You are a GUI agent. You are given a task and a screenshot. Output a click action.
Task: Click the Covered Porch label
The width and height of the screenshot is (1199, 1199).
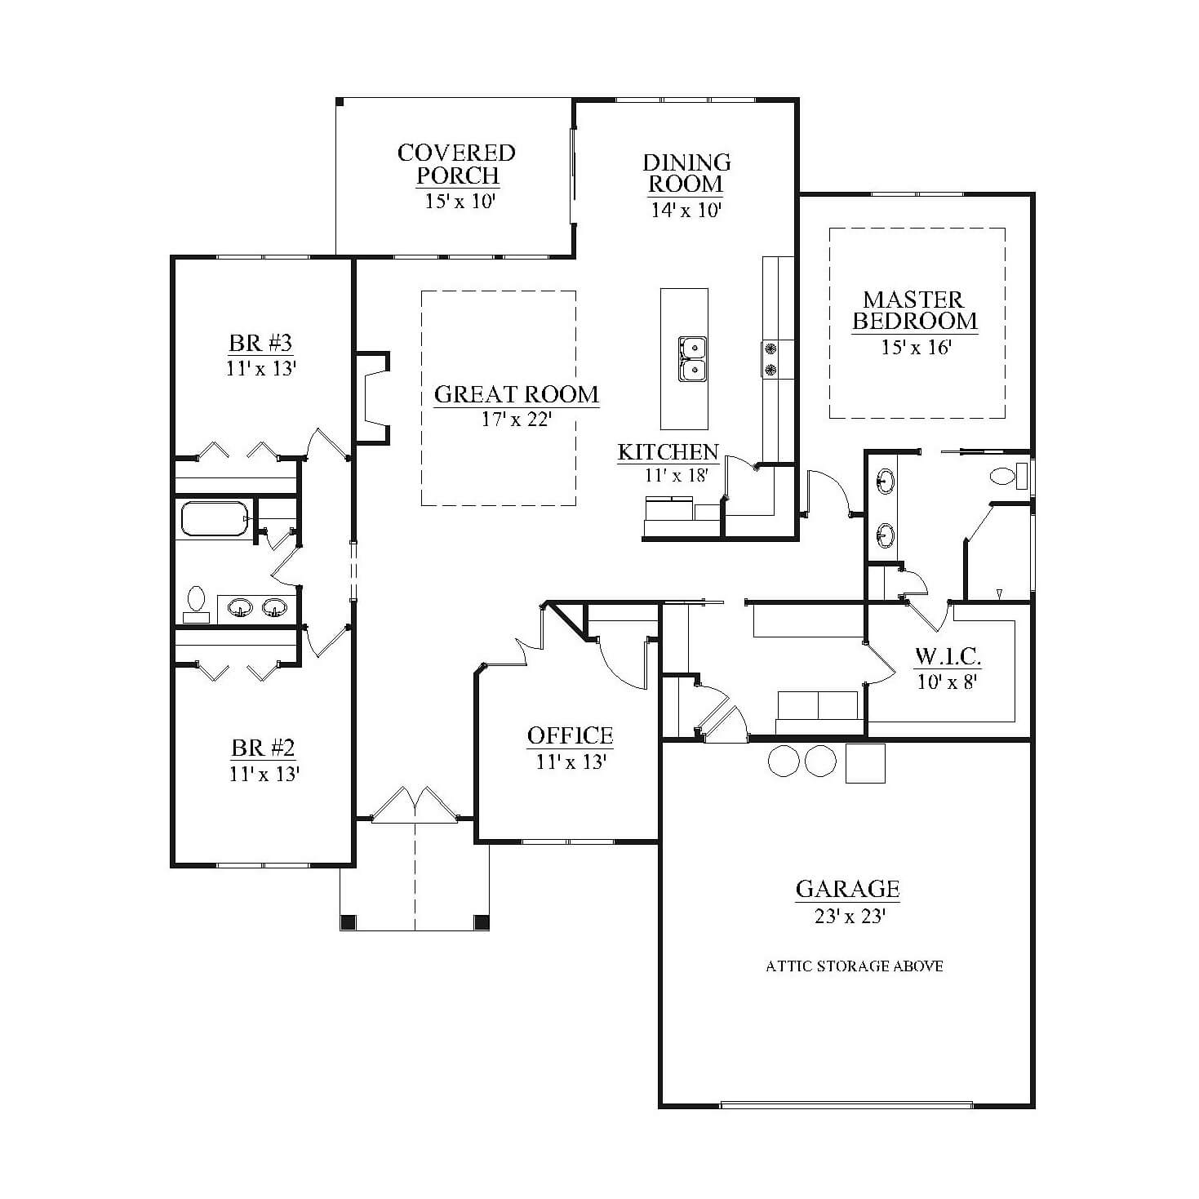457,164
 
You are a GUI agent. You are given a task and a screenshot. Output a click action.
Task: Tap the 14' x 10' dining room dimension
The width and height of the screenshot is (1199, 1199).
686,210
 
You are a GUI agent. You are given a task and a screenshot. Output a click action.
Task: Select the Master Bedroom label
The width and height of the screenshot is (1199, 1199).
914,310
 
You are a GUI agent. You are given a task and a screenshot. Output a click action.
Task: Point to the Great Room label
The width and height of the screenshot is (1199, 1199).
517,394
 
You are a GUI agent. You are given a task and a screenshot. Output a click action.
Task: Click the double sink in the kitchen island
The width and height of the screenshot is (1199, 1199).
692,359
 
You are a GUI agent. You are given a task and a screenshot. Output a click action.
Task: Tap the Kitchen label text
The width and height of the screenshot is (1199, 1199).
668,451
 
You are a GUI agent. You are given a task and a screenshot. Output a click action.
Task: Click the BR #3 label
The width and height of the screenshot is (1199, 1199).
260,343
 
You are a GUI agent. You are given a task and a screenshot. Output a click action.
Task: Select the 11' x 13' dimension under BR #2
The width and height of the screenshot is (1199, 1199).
264,774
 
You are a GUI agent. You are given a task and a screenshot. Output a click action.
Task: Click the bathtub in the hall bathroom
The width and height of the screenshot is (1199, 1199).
215,519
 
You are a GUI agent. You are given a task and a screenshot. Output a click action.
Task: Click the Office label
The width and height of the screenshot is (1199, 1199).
570,735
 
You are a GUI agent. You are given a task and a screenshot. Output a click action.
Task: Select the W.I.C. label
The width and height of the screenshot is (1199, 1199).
948,656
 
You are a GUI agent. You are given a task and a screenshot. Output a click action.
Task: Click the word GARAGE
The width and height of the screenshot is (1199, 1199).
847,889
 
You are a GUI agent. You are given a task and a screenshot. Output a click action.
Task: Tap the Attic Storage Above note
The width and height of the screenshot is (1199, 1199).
854,966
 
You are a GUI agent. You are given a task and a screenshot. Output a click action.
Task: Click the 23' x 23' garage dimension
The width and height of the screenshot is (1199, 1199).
850,916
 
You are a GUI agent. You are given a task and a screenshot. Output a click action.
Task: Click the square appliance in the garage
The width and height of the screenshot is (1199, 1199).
865,763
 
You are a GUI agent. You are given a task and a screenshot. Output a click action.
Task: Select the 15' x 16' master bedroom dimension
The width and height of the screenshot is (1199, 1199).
915,347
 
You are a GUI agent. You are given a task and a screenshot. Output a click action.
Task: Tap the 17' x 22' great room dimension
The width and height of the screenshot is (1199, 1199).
517,420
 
